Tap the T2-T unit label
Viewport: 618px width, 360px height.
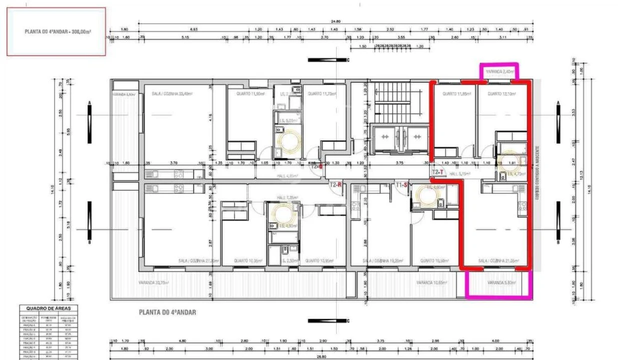click(x=438, y=172)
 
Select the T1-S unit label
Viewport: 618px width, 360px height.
click(x=402, y=184)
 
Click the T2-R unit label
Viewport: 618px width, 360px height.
click(x=335, y=184)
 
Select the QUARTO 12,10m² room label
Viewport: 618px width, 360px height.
click(x=501, y=93)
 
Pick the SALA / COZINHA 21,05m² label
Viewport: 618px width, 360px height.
click(x=497, y=261)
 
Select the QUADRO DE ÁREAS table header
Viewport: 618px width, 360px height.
click(x=48, y=308)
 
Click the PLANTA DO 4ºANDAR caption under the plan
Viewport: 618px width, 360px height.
click(x=167, y=312)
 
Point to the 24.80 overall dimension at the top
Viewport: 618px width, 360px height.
click(x=335, y=21)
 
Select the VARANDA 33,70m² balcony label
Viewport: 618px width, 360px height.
click(x=154, y=283)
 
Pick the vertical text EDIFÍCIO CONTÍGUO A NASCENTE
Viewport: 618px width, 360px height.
click(x=537, y=172)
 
